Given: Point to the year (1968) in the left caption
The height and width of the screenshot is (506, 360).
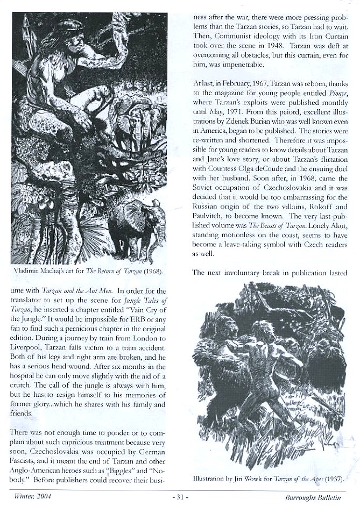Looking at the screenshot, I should coord(154,271).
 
